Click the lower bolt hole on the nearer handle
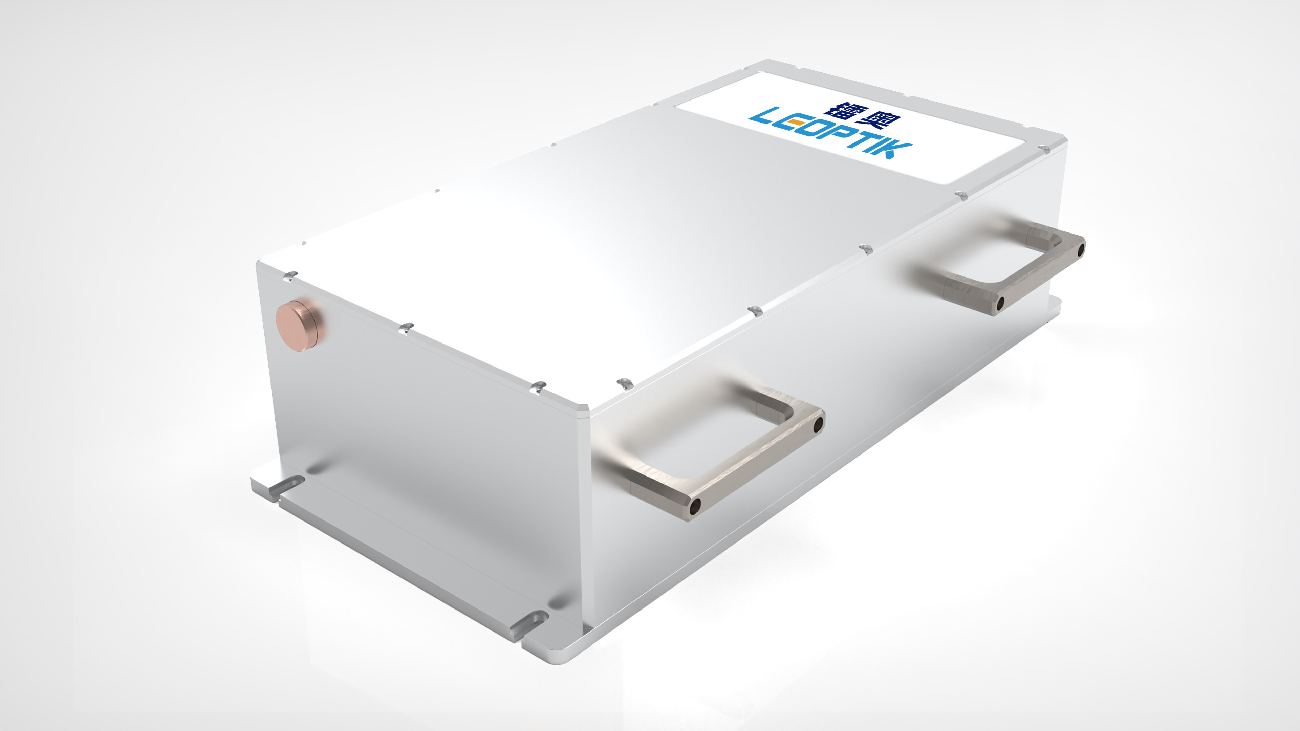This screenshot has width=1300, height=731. (695, 506)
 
